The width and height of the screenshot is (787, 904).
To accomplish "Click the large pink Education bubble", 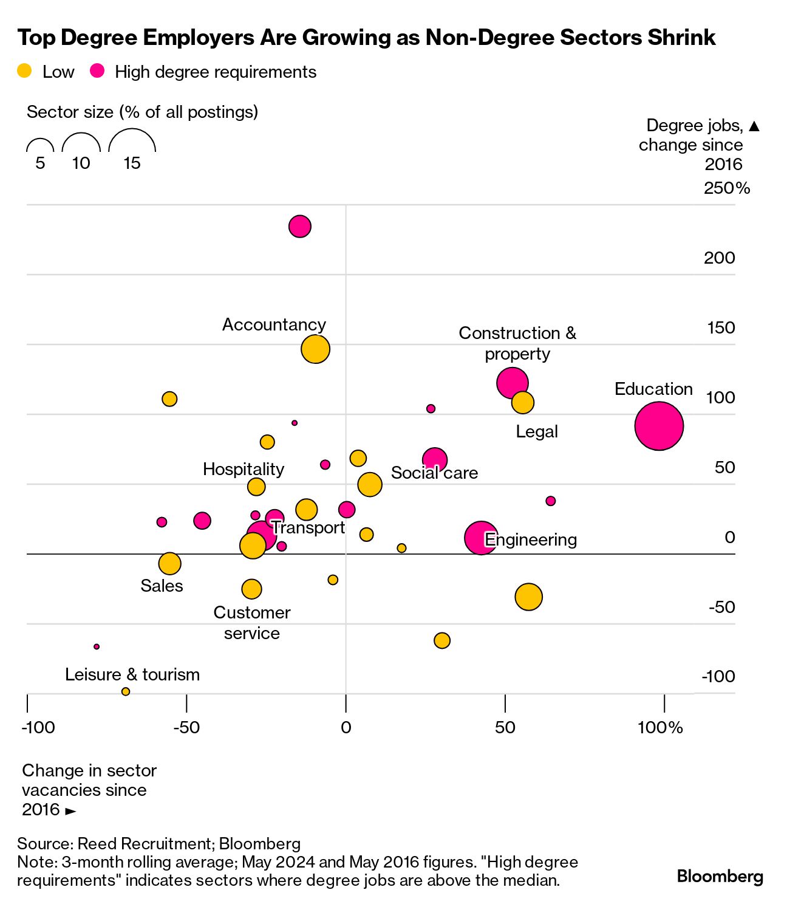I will tap(659, 426).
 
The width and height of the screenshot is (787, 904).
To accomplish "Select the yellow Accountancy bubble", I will tap(315, 349).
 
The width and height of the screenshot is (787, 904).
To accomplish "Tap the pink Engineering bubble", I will tap(481, 538).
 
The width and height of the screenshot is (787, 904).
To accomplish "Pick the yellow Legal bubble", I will tap(522, 402).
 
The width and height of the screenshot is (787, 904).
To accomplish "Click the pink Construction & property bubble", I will tap(512, 383).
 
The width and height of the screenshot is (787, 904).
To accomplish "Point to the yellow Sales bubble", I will tap(169, 563).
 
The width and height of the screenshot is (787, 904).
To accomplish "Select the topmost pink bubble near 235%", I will tap(299, 227).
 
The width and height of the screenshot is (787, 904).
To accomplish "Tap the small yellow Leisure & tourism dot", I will tap(126, 691).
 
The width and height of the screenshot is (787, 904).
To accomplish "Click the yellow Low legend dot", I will tap(24, 71).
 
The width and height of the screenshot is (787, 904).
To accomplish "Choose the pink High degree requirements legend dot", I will tap(97, 71).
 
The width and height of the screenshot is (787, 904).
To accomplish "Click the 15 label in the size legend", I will tap(132, 163).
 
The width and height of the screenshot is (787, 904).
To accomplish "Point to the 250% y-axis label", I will tap(727, 188).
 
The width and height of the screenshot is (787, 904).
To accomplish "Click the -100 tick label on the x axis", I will tap(38, 727).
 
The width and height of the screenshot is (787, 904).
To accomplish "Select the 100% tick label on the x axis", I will tap(661, 727).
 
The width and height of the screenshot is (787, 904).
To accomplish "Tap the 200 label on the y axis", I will tap(720, 258).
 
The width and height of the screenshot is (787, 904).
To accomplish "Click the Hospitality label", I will tap(244, 469).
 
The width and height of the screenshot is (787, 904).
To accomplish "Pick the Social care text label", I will tap(434, 473).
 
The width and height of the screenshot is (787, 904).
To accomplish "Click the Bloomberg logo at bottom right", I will tap(720, 876).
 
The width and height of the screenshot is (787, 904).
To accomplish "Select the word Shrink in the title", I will tap(682, 38).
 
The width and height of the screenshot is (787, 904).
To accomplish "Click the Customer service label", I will tap(252, 622).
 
